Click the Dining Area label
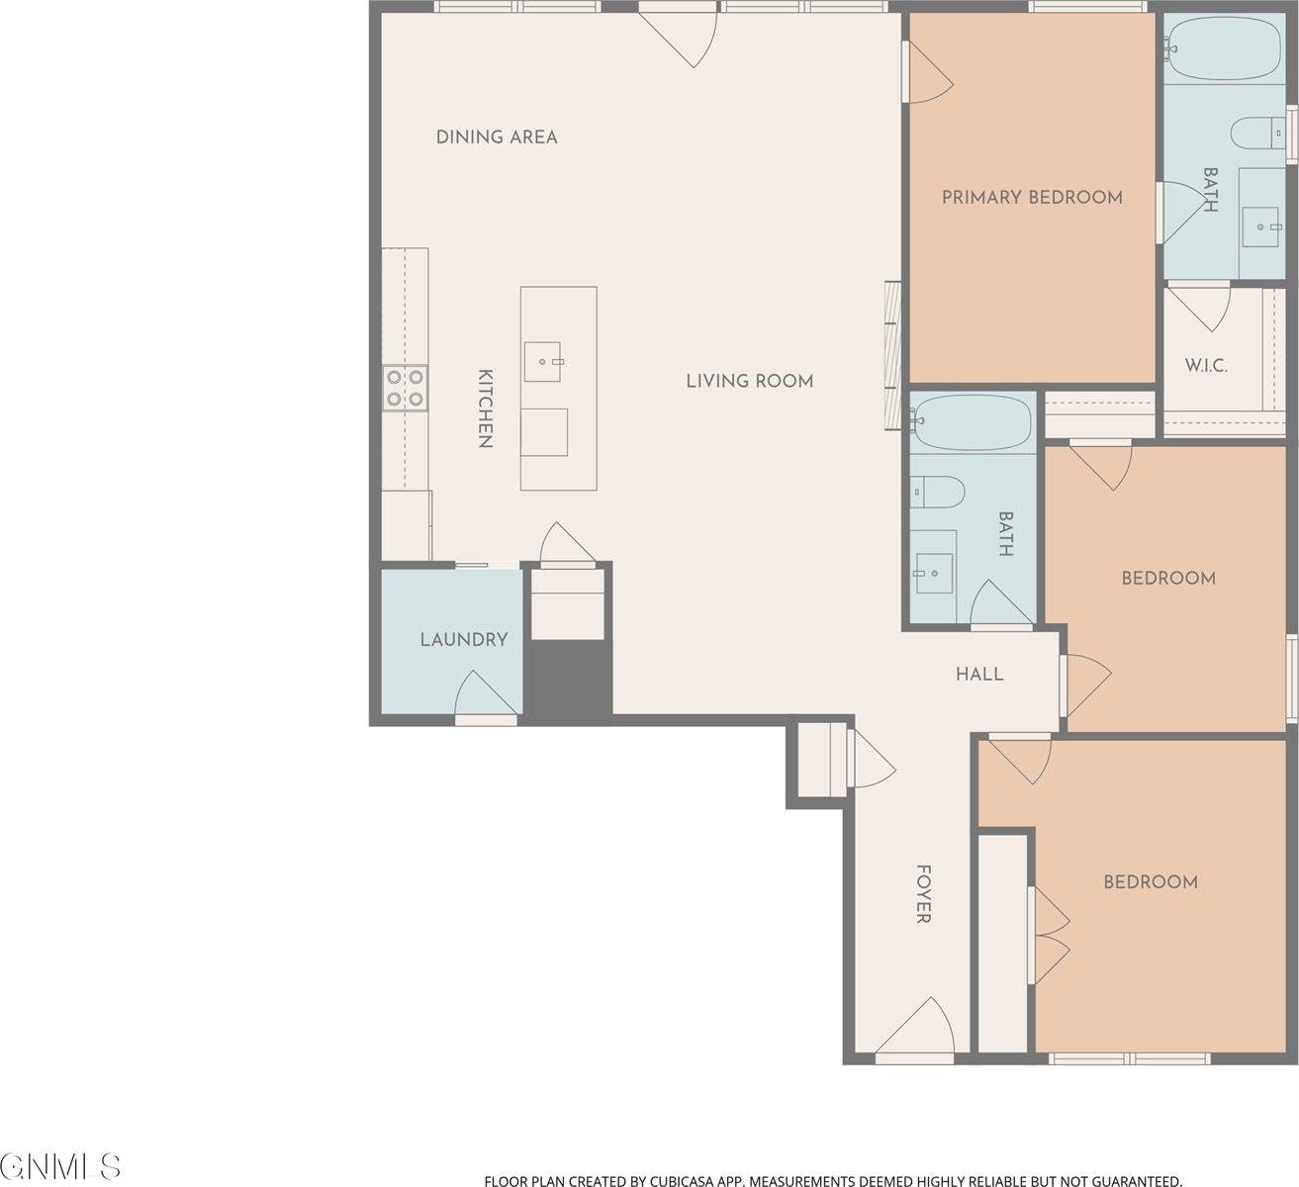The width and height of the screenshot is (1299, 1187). (497, 137)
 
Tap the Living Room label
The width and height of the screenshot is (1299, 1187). (749, 381)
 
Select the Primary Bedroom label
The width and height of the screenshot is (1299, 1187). (1032, 197)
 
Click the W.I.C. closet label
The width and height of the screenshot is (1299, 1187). (1206, 365)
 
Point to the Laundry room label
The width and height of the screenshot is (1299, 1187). (463, 640)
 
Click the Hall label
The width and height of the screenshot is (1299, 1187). (979, 675)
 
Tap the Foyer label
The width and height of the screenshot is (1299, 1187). (922, 894)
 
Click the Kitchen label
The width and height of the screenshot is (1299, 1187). (485, 409)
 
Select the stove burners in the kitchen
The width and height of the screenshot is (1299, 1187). (405, 387)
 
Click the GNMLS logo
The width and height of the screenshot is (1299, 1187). (61, 1165)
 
